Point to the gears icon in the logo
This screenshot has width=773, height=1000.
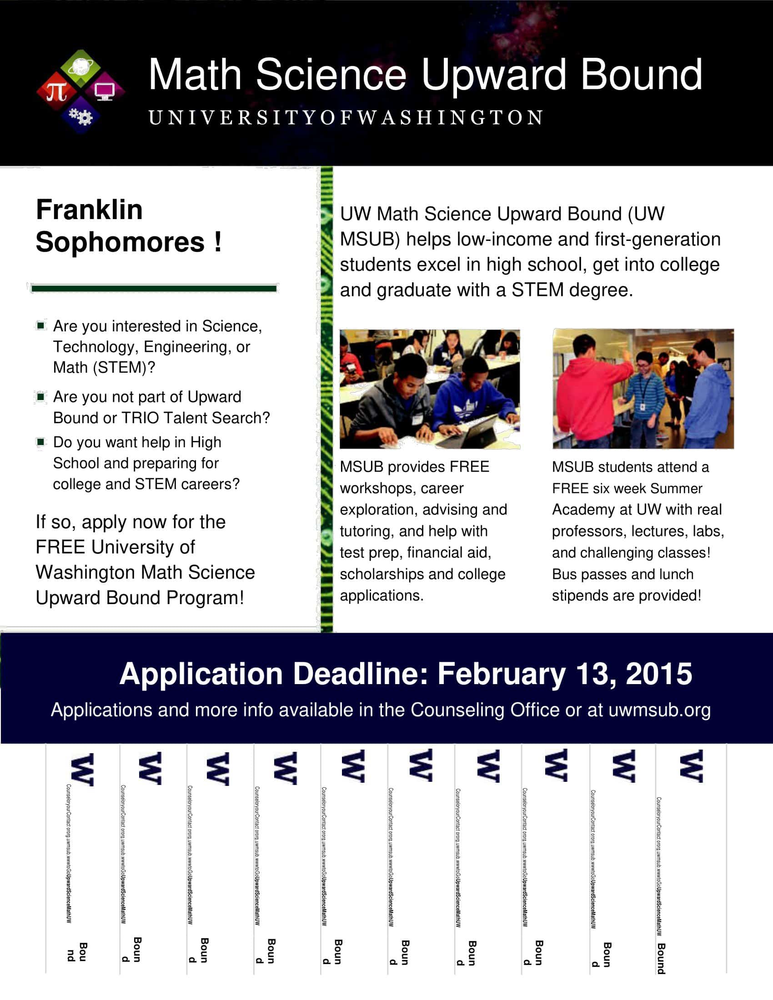(x=80, y=117)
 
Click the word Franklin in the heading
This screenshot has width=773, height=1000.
(x=89, y=210)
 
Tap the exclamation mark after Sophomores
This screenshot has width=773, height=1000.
(x=217, y=241)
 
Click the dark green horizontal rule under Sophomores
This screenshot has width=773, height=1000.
(x=153, y=288)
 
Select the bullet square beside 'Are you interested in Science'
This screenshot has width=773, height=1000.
(x=41, y=325)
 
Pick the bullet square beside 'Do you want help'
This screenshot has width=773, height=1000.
(x=41, y=442)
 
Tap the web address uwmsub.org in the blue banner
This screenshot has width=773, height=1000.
(x=659, y=710)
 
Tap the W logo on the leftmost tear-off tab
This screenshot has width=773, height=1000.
(x=83, y=770)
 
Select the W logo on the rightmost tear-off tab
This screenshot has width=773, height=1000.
(x=691, y=766)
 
